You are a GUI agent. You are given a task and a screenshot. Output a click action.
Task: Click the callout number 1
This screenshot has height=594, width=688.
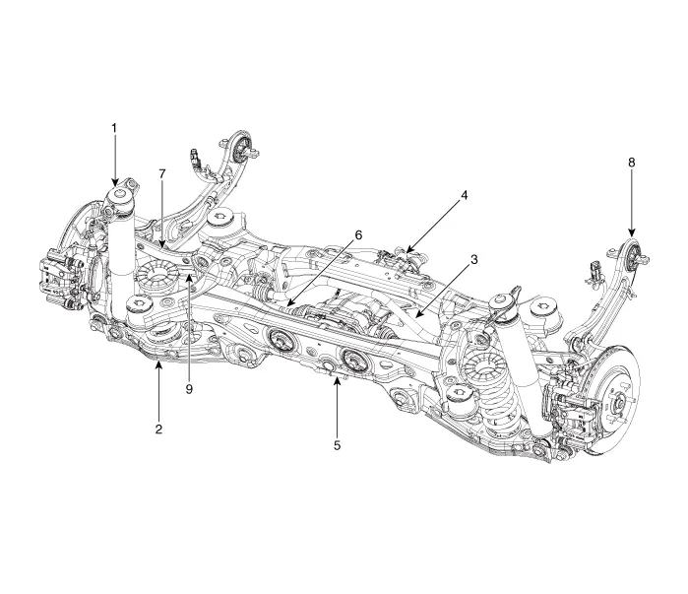point(114,128)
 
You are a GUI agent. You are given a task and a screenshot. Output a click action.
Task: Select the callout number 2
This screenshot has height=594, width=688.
point(158,403)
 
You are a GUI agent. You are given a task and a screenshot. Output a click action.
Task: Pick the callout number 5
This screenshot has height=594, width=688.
point(337,444)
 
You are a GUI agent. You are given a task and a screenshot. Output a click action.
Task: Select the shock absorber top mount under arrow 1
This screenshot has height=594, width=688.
point(119,202)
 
